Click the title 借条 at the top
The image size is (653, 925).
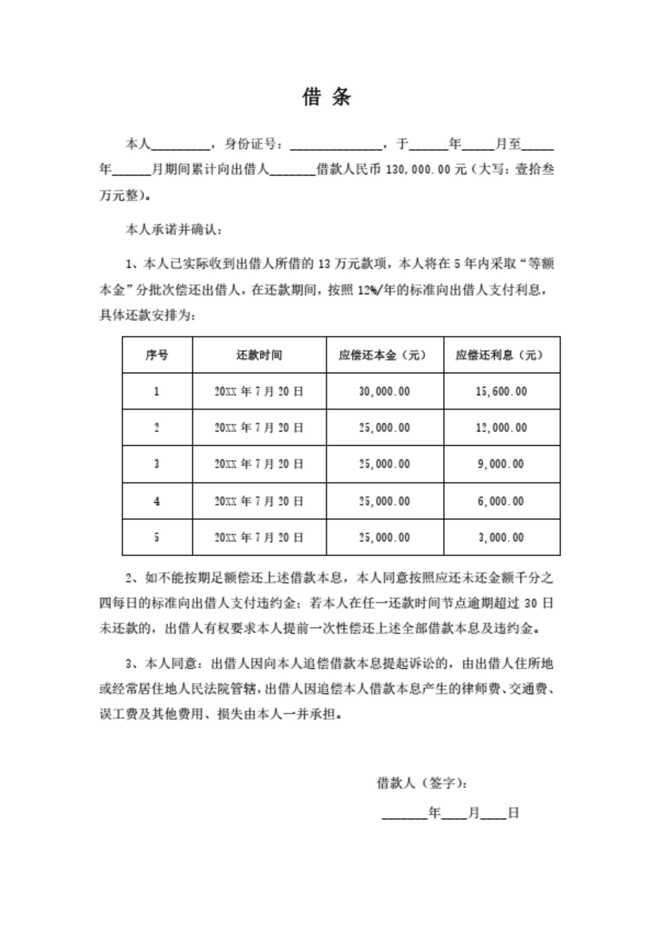pos(326,97)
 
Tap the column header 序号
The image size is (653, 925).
pos(157,355)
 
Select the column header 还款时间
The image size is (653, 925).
pos(259,355)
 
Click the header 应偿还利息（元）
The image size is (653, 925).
pos(501,355)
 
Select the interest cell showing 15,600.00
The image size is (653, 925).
pos(501,391)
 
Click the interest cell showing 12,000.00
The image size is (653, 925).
pos(501,428)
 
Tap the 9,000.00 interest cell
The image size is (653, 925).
pos(501,464)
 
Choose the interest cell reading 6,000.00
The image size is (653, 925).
pos(501,501)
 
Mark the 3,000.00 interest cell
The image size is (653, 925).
pos(501,538)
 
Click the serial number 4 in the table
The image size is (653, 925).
pos(157,501)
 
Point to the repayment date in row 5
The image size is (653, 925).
pos(259,538)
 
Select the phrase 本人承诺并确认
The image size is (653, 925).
pos(173,230)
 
